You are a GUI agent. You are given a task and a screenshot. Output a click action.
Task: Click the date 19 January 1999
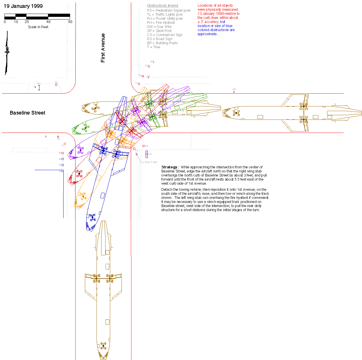[x=23, y=6]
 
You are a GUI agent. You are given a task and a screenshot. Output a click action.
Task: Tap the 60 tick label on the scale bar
[x=70, y=22]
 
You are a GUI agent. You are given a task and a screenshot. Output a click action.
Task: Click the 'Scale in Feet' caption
[x=38, y=27]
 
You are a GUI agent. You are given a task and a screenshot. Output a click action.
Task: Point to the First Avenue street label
[x=103, y=48]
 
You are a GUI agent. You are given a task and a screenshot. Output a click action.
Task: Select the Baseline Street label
[x=28, y=113]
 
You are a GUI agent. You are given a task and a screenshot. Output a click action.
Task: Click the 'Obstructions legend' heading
[x=163, y=6]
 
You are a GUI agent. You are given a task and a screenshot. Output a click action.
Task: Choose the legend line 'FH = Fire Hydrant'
[x=161, y=22]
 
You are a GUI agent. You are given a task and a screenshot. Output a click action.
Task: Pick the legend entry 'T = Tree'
[x=154, y=47]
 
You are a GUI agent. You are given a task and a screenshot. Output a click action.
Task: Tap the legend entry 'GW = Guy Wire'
[x=159, y=26]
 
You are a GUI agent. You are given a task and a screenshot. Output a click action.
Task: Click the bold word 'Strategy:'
[x=170, y=167]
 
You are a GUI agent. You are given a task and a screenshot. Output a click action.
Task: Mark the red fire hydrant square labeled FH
[x=134, y=149]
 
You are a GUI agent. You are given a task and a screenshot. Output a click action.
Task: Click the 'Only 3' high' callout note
[x=151, y=162]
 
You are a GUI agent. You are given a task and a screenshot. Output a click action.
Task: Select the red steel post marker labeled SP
[x=154, y=62]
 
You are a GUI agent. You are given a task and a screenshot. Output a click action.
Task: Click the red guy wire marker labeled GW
[x=148, y=78]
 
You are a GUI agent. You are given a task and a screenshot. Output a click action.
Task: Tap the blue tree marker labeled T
[x=35, y=87]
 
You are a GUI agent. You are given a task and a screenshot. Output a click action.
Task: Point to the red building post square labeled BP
[x=63, y=153]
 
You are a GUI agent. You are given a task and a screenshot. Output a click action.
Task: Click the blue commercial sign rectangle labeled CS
[x=147, y=154]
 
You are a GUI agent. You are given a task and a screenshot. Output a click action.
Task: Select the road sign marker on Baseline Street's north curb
[x=234, y=92]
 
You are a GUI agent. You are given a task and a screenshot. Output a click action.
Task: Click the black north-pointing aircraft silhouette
[x=7, y=52]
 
